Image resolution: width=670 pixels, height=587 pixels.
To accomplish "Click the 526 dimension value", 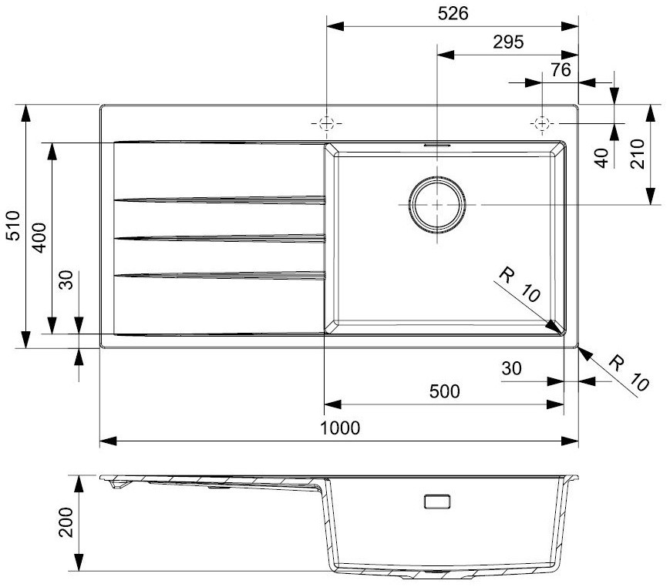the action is tap(453, 14).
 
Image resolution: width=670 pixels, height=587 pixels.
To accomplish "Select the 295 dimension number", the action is tap(508, 42).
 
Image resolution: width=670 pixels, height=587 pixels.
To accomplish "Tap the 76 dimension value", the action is tap(561, 69).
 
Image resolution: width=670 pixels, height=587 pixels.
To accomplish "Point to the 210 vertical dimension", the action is tap(637, 154).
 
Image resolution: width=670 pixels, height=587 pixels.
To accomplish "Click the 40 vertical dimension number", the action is tap(601, 158).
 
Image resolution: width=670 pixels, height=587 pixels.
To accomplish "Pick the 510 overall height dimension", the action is tap(14, 226).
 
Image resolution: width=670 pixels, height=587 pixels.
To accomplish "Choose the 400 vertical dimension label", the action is tap(39, 238).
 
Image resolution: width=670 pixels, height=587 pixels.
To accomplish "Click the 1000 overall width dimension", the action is tap(340, 428).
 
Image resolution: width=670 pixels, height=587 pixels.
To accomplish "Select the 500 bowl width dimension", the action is tap(444, 391).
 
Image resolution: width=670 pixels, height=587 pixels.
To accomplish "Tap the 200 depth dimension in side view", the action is tap(66, 522).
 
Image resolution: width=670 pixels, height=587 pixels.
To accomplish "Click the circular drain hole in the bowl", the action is tap(437, 205).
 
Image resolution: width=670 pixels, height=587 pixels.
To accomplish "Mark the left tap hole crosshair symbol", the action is tap(326, 123).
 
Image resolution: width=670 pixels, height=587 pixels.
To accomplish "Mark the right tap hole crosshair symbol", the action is tap(542, 123).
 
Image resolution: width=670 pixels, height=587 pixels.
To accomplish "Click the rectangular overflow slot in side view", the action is tap(437, 501).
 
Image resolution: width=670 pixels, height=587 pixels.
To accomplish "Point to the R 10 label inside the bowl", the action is tap(519, 285).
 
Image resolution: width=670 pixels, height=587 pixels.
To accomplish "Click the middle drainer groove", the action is tap(220, 238).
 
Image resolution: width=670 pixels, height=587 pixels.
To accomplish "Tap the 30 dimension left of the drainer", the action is tap(66, 280).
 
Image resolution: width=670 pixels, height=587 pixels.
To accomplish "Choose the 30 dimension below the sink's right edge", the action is tap(511, 368).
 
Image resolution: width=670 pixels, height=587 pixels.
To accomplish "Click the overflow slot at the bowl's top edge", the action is tap(437, 145).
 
